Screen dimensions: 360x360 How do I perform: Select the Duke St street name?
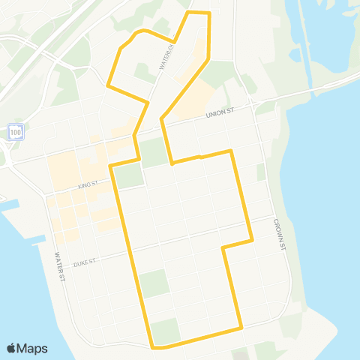88,263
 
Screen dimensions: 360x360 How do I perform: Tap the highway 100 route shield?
16,132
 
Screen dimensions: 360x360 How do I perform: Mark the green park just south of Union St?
154,152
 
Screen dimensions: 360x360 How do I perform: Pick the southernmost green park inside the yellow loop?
166,329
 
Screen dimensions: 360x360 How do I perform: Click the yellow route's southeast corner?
241,328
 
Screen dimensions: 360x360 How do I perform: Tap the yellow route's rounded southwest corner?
153,346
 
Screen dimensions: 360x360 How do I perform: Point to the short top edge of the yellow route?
198,13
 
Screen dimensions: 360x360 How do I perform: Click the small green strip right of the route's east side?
260,172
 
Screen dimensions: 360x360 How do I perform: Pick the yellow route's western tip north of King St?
108,85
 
